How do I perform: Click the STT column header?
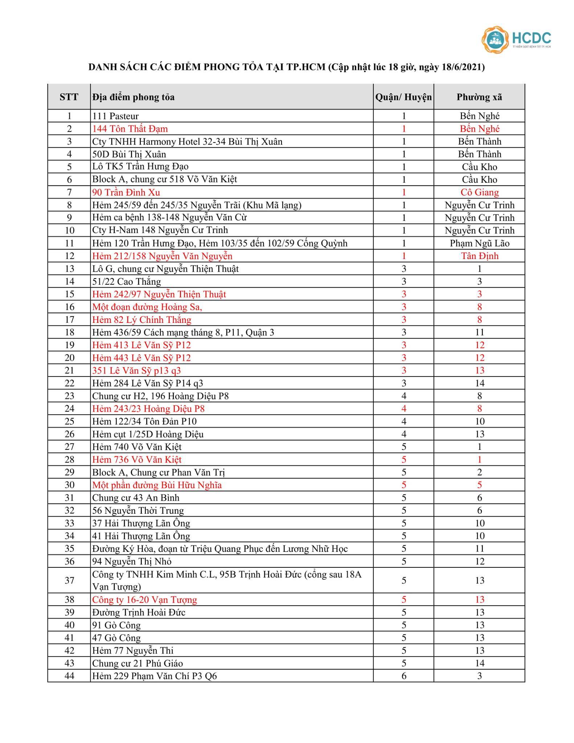(x=69, y=97)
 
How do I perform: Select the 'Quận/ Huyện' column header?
(x=403, y=97)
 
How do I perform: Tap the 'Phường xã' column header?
(x=479, y=97)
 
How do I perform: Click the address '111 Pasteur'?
(x=115, y=116)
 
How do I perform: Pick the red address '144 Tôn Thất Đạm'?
(x=130, y=129)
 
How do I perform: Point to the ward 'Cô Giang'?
(x=479, y=192)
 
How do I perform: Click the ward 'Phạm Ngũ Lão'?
(x=479, y=243)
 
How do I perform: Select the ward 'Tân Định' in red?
(x=479, y=256)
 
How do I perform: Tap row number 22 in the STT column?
(x=69, y=383)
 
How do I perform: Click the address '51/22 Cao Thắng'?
(x=126, y=282)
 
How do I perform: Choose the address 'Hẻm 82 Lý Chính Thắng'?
(x=142, y=320)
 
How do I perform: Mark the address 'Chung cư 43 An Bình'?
(x=136, y=498)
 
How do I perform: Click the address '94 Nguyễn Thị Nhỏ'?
(x=132, y=561)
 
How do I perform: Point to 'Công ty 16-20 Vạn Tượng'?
(x=144, y=600)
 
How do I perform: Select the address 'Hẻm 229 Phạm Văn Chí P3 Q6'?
(x=154, y=676)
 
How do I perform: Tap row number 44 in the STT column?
(x=69, y=676)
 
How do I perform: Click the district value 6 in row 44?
(x=403, y=676)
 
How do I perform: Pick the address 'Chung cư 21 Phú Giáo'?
(x=138, y=663)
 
